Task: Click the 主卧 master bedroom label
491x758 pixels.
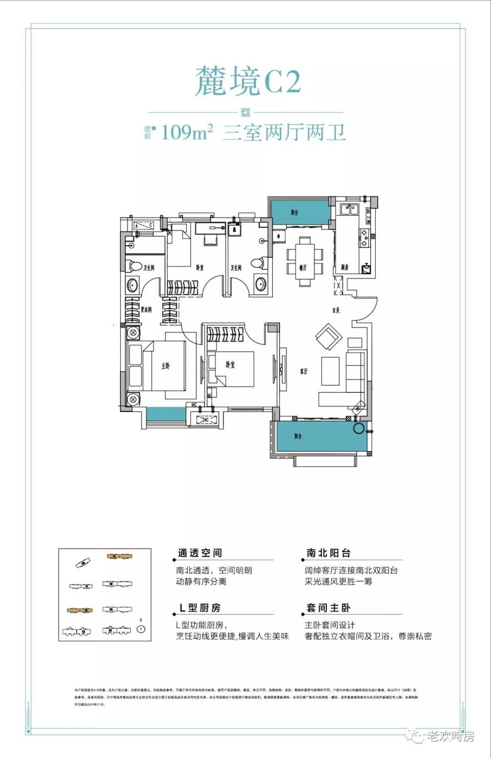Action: [165, 366]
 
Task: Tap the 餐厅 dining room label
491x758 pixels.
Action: [303, 267]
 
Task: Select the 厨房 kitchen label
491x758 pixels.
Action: [345, 267]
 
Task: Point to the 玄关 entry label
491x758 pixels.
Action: [336, 310]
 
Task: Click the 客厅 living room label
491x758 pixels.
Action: [304, 371]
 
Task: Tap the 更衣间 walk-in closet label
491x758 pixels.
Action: [146, 310]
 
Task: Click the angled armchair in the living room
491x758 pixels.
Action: [329, 337]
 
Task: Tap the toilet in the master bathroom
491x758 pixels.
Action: [134, 266]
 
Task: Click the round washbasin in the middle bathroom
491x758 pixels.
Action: [261, 284]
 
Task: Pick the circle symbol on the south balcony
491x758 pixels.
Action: [359, 427]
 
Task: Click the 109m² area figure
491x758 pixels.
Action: [187, 132]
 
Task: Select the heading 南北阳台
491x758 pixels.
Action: [328, 553]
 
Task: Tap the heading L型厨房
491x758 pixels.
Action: [200, 608]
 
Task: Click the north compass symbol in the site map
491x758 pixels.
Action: [141, 629]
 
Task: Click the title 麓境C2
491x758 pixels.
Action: [248, 81]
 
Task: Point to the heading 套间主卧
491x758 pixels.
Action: [328, 608]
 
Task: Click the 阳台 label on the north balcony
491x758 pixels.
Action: [294, 212]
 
